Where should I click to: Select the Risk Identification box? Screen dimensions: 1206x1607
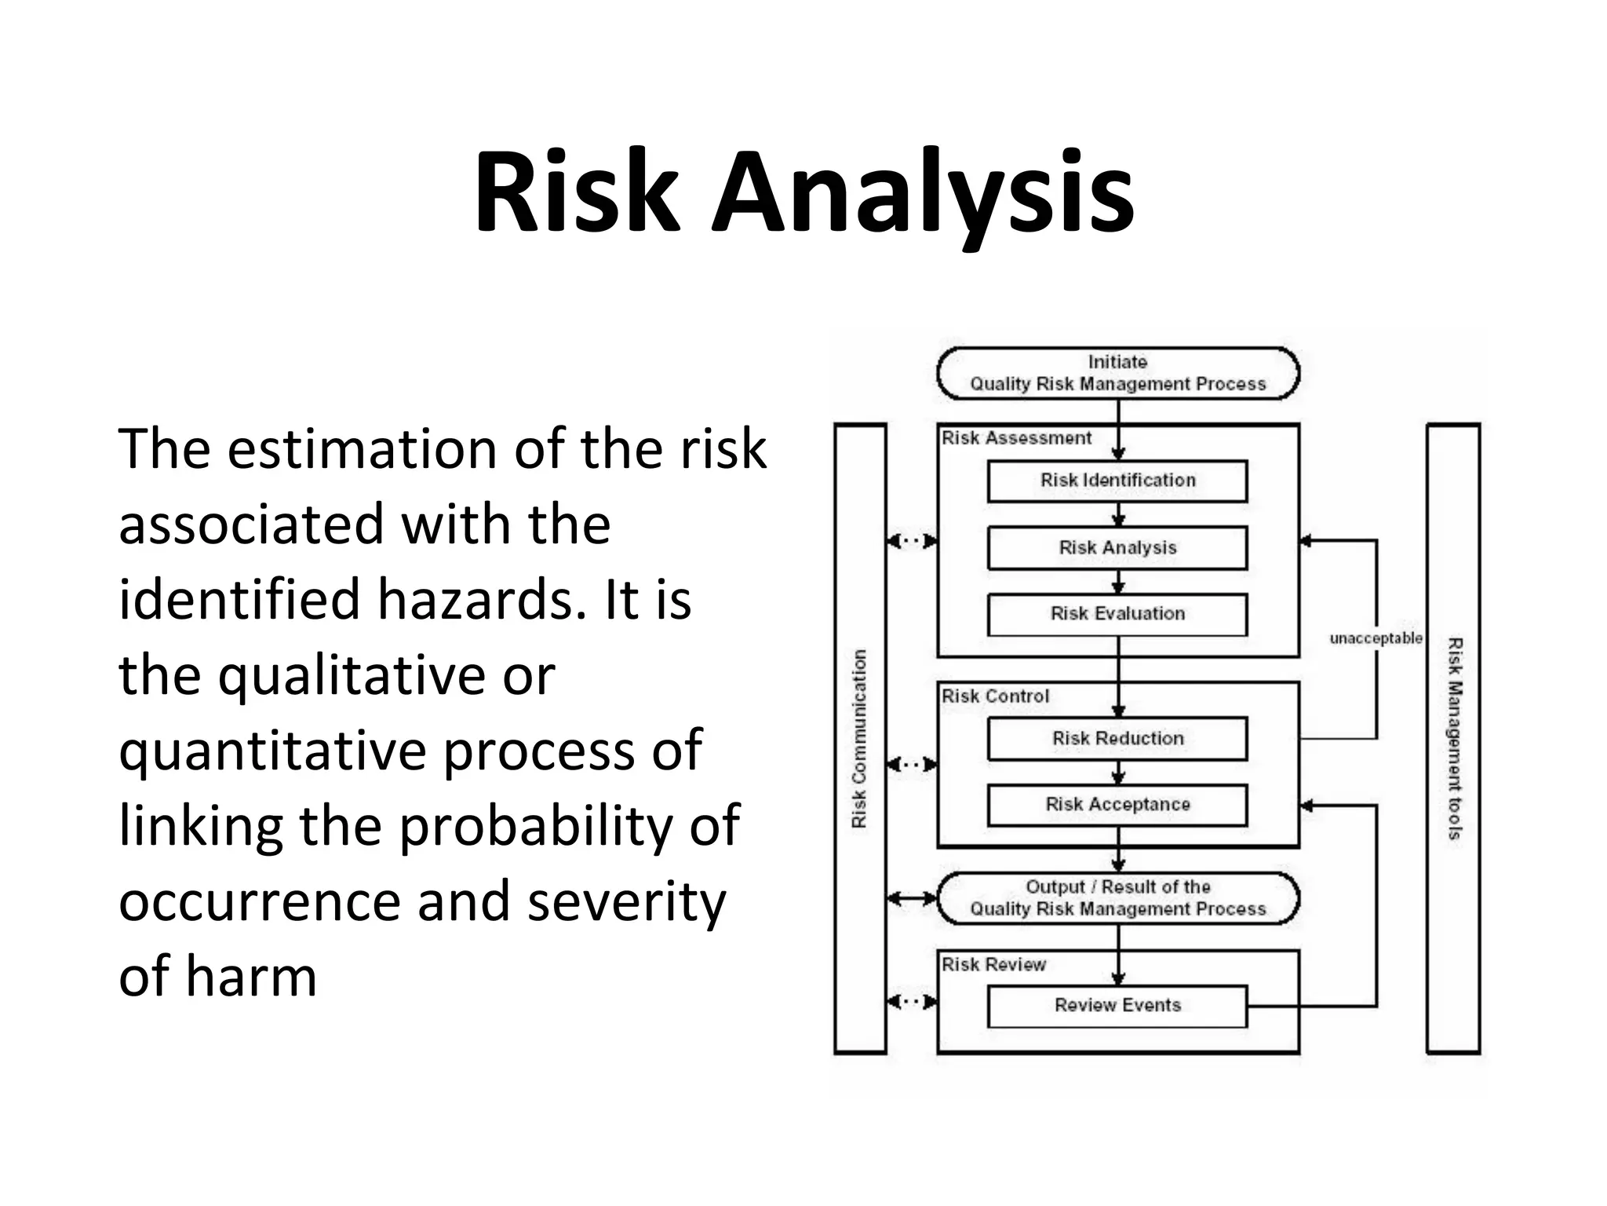pos(1117,481)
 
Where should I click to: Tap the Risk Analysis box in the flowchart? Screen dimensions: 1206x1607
pos(1117,548)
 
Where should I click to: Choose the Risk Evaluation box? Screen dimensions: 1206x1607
pos(1117,614)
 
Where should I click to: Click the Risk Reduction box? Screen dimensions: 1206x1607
pos(1117,739)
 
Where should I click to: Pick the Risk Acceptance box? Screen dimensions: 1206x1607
pos(1117,805)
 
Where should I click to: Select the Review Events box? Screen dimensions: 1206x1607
pos(1117,1006)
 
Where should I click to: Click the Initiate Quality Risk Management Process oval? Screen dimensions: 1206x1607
pos(1117,374)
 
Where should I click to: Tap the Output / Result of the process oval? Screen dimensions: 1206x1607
pos(1117,898)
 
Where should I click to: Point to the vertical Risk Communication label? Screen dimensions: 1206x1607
pos(860,739)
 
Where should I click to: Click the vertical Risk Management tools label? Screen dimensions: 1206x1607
pos(1454,739)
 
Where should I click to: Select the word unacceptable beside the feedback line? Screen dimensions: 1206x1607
pos(1376,639)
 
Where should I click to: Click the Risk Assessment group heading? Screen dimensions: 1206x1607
pos(1016,439)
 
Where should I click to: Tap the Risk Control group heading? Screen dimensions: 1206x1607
pos(995,696)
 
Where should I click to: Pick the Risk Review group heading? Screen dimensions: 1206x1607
pos(993,965)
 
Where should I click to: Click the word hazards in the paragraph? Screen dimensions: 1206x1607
pos(482,599)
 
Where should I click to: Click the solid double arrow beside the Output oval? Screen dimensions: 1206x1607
pos(912,898)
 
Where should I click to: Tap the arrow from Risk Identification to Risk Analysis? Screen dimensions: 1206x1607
pos(1119,515)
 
